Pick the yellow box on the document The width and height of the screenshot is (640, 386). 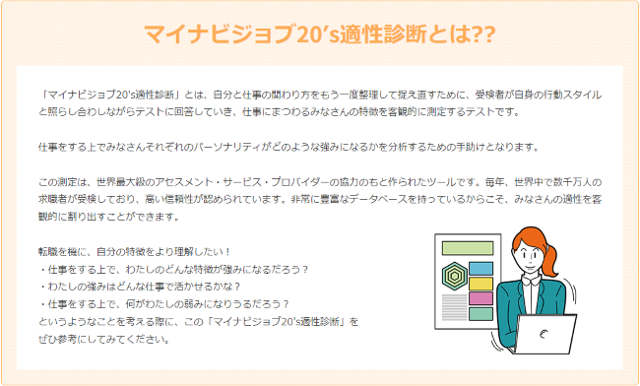(x=480, y=283)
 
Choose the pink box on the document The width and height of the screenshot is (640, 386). (x=480, y=297)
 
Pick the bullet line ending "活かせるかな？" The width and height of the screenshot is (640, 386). (x=153, y=286)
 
